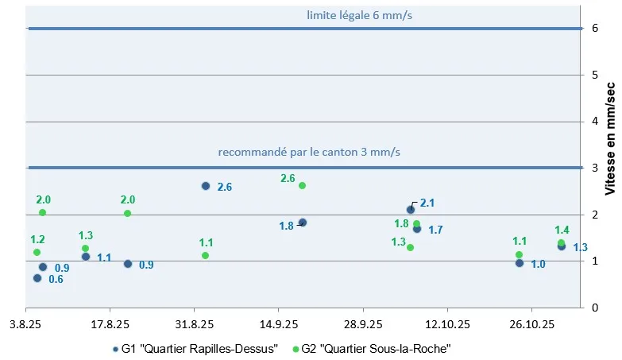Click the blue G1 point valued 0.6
point(37,278)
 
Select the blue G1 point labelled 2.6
point(206,186)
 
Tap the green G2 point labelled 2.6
point(302,185)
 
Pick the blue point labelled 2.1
point(411,210)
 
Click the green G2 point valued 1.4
point(561,243)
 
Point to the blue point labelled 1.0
point(520,263)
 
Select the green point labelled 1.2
point(37,252)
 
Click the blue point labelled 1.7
point(417,229)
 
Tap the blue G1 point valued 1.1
point(86,257)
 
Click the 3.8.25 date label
point(25,324)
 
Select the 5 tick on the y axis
point(593,75)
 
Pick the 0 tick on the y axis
point(593,308)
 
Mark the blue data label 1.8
point(287,226)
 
